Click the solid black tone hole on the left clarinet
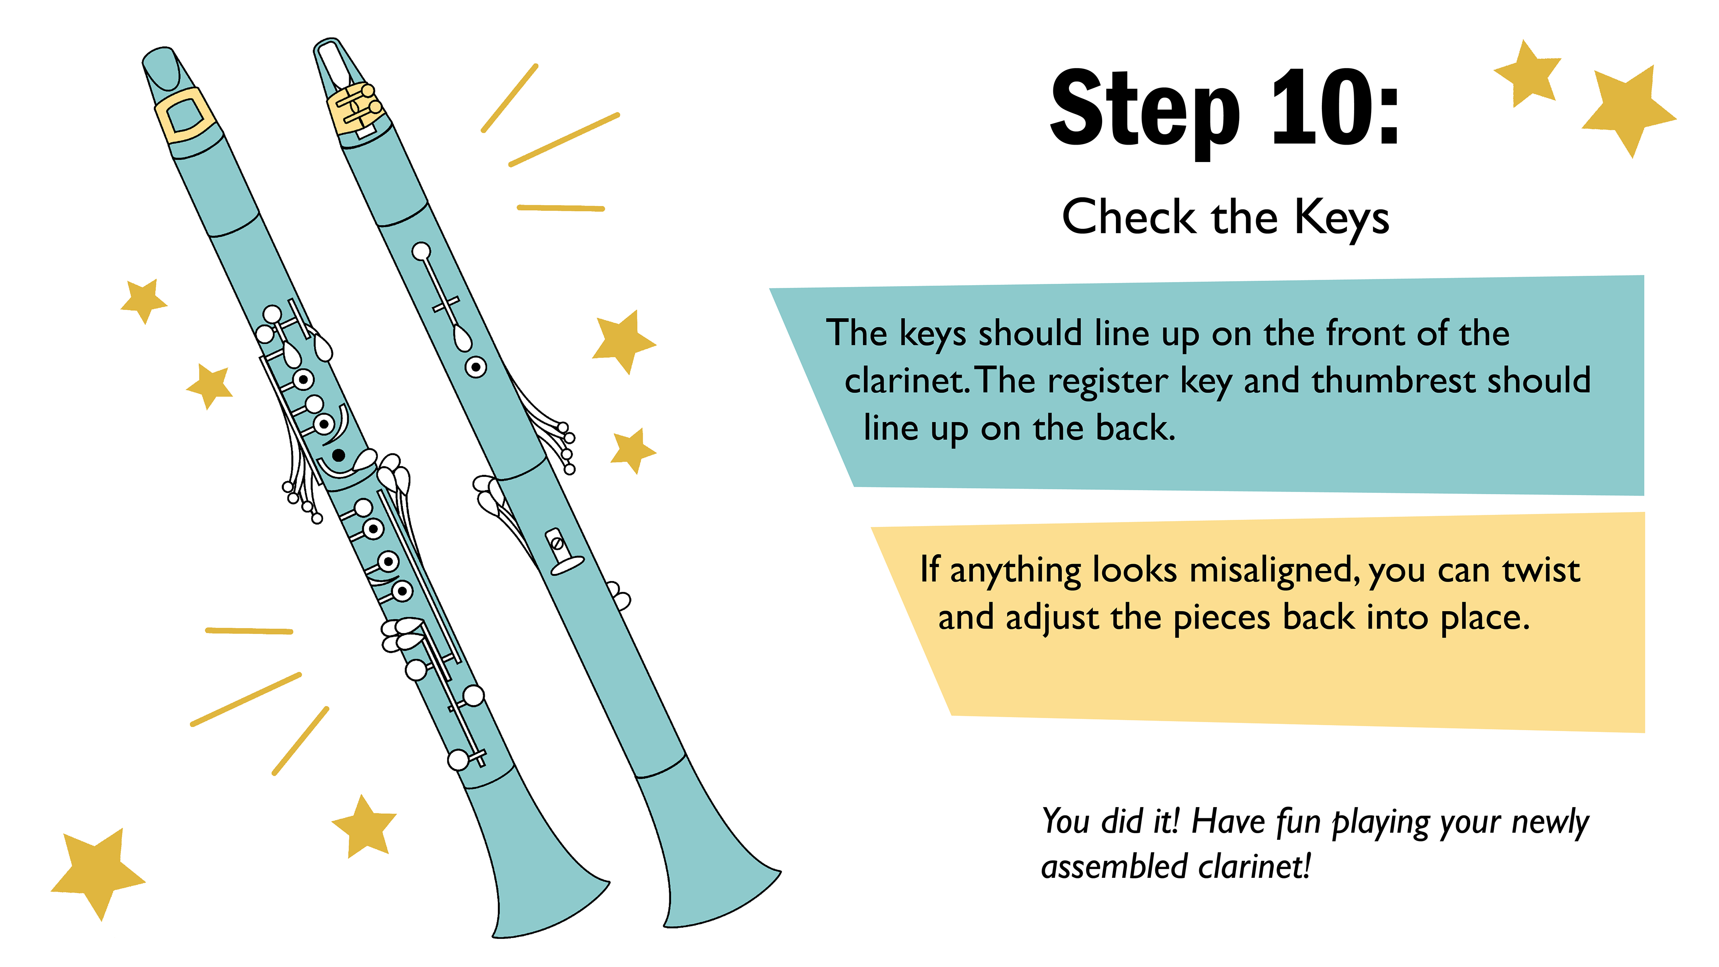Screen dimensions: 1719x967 [x=338, y=455]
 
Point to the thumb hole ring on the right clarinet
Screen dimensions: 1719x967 [x=476, y=366]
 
